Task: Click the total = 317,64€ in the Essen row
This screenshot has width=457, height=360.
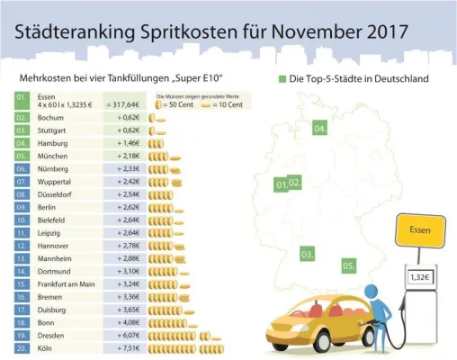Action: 125,104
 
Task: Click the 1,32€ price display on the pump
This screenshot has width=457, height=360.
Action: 419,278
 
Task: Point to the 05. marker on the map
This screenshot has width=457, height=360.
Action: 348,265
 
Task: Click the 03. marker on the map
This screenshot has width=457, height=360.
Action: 307,256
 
